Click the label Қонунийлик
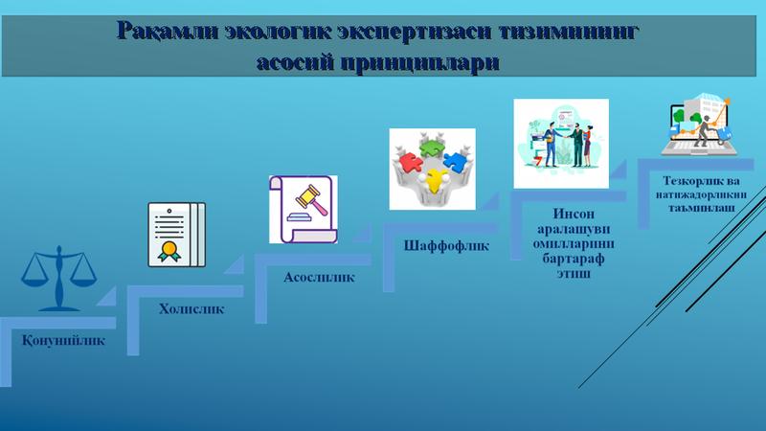click(x=63, y=341)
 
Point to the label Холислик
click(x=191, y=308)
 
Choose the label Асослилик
click(x=319, y=278)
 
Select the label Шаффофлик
click(x=446, y=246)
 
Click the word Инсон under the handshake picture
click(x=574, y=214)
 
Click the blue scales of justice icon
click(x=58, y=279)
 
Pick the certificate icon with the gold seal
click(x=177, y=235)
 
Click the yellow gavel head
click(x=309, y=196)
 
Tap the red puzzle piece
click(x=411, y=163)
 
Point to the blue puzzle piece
click(x=455, y=162)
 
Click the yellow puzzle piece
click(x=435, y=179)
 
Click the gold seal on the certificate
click(x=169, y=250)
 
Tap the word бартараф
click(x=574, y=258)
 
